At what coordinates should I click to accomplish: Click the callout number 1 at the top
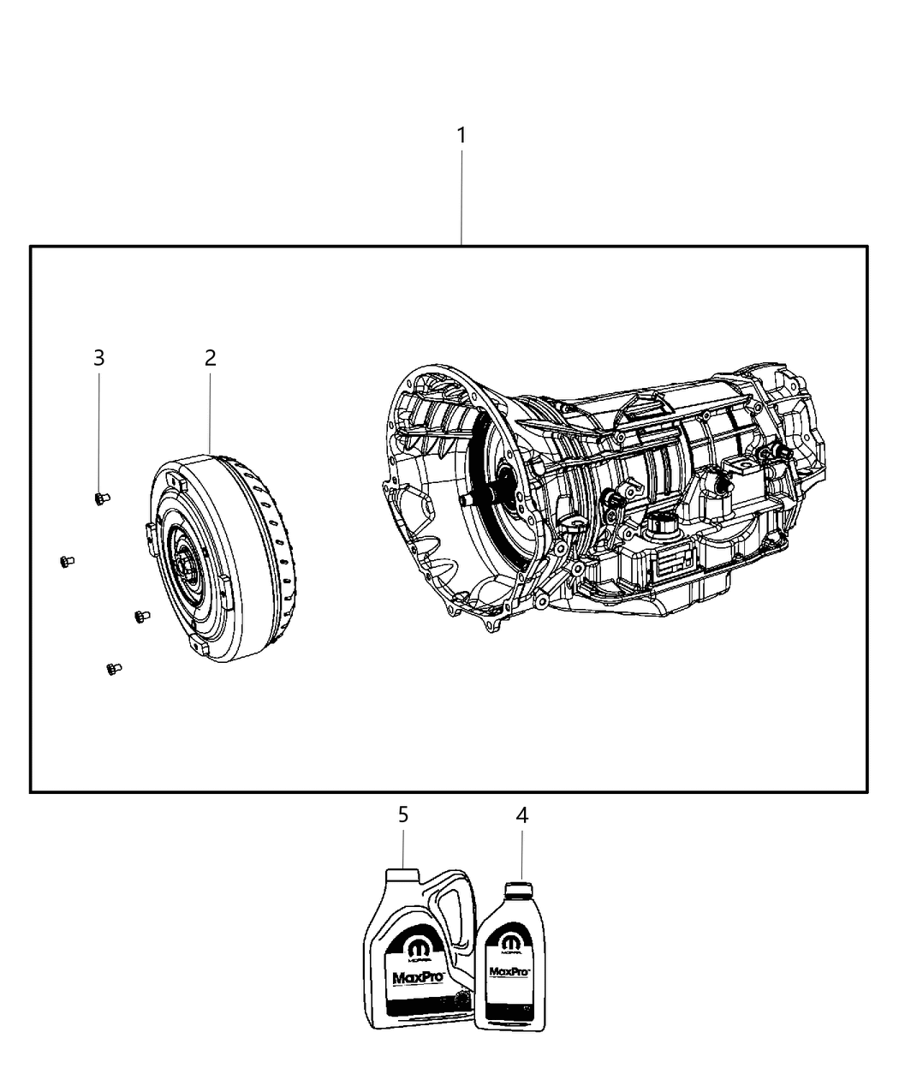461,135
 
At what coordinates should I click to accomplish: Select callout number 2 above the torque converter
210,358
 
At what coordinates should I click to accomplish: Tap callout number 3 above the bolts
99,358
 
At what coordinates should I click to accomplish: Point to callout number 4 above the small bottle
521,815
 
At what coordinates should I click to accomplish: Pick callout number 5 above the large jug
403,815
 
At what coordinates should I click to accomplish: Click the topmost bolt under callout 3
102,498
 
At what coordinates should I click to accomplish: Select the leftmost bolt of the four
67,561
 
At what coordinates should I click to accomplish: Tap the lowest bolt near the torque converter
113,668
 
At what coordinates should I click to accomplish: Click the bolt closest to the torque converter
140,615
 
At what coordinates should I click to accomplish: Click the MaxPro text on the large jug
411,978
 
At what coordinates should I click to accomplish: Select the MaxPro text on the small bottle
508,972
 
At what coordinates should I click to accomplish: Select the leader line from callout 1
461,197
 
